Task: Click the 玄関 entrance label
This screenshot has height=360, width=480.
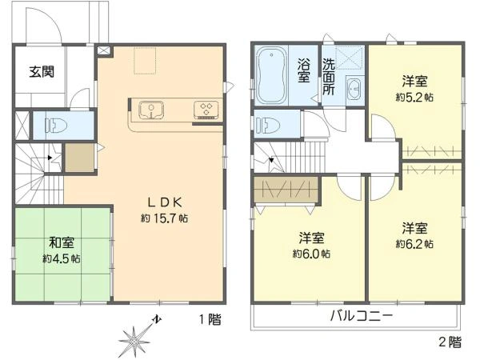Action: (42, 72)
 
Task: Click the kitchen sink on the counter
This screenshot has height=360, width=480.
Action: (152, 109)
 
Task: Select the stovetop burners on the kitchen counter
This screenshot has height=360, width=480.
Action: (205, 110)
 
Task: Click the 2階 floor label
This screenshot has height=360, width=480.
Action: (450, 342)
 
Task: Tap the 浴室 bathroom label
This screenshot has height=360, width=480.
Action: (304, 70)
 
